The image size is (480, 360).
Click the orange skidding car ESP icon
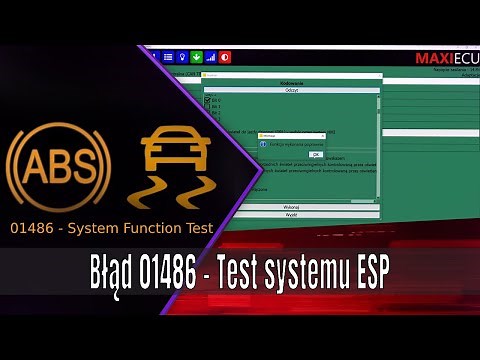166,164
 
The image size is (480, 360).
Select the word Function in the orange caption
152,228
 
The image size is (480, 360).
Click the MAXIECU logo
446,58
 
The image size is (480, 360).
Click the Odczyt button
293,89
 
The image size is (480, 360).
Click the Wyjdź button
293,213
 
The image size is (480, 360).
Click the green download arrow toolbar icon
196,56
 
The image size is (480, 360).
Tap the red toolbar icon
225,56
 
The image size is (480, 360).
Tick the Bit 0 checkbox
208,101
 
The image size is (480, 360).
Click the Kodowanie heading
293,83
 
